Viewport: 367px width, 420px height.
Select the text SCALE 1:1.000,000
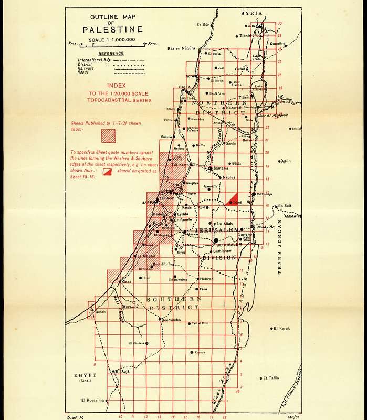(x=112, y=40)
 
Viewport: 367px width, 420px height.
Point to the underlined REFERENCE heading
(x=111, y=53)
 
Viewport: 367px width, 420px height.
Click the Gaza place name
(x=126, y=282)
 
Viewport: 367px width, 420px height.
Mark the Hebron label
(x=206, y=279)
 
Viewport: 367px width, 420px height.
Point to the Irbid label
(x=298, y=128)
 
